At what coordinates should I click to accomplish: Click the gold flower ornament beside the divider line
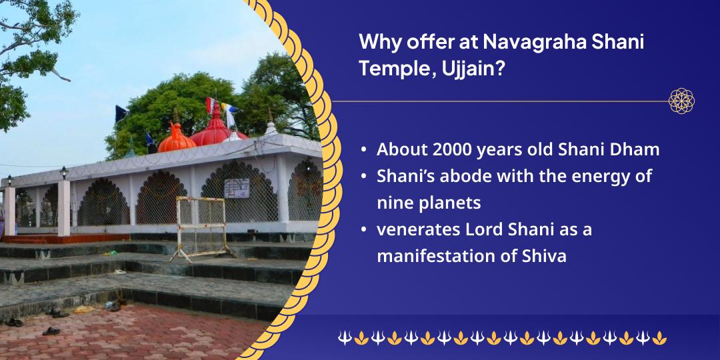pyautogui.click(x=681, y=101)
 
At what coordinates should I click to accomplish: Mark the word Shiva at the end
pyautogui.click(x=544, y=256)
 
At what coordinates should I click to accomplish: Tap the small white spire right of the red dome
pyautogui.click(x=270, y=127)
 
